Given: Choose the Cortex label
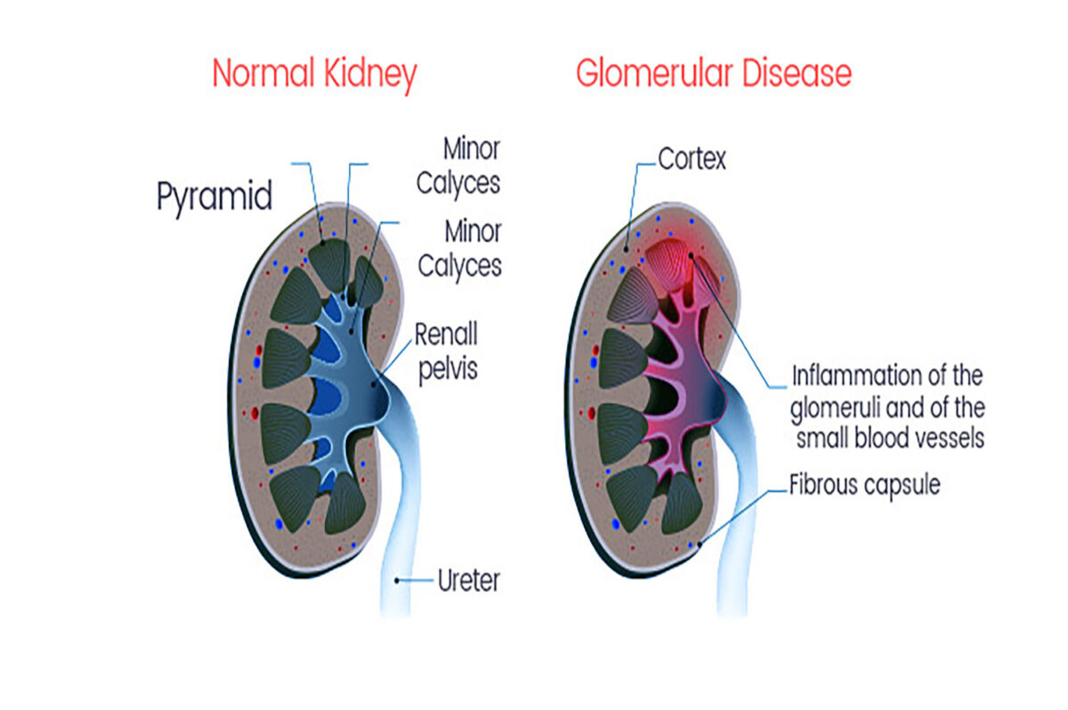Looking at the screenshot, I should coord(692,159).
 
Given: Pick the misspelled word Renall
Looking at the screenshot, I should coord(446,335).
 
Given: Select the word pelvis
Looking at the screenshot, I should coord(448,367).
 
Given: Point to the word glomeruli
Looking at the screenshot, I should coord(836,407).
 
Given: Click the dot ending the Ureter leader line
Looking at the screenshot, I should coord(397,581).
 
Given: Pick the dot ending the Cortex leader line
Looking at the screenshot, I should coord(627,252).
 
